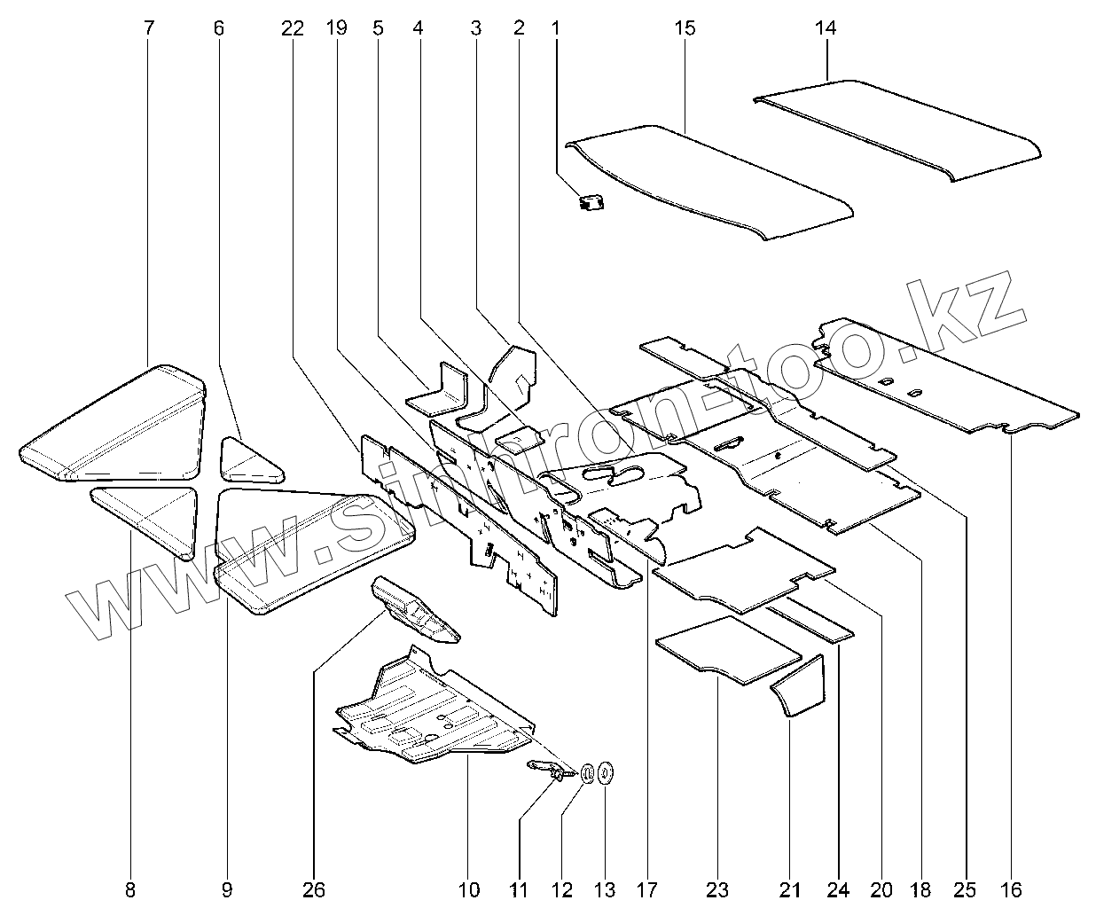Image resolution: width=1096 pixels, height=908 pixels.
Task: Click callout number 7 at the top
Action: coord(148,28)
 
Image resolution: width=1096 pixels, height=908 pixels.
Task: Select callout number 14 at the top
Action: coord(825,28)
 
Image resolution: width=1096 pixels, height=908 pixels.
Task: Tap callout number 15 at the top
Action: coord(685,28)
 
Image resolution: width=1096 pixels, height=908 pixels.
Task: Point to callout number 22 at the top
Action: coord(292,28)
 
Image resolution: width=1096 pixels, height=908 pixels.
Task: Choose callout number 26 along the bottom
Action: coord(314,889)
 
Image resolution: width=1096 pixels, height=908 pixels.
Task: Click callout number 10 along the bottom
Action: coord(468,889)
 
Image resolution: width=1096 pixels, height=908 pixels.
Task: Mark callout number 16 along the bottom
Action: coord(1011,889)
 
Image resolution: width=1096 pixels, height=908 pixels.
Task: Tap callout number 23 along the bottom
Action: coord(716,889)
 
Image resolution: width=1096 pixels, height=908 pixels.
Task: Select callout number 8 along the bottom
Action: coord(130,889)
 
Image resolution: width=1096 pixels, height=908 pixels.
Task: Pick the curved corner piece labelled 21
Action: coord(802,687)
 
